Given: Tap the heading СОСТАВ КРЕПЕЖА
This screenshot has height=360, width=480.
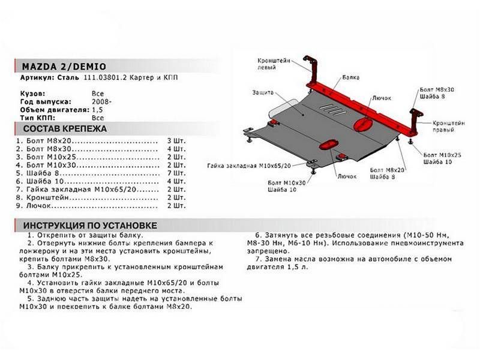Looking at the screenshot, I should tap(64, 129).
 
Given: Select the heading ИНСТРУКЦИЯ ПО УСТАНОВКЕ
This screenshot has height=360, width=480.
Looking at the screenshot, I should tap(90, 226).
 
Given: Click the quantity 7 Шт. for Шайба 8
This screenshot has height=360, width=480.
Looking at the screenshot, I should tap(176, 172).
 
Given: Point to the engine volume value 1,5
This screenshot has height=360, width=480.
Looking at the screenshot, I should tap(97, 110).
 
